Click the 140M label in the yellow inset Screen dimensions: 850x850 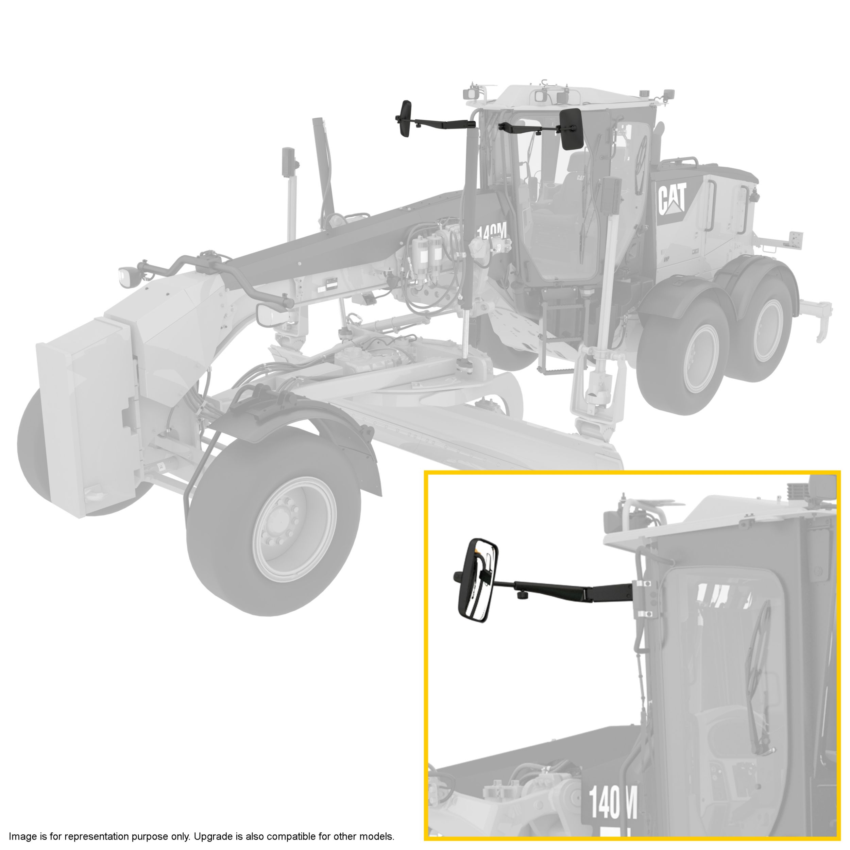click(x=612, y=800)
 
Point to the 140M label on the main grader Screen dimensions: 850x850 click(x=492, y=231)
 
